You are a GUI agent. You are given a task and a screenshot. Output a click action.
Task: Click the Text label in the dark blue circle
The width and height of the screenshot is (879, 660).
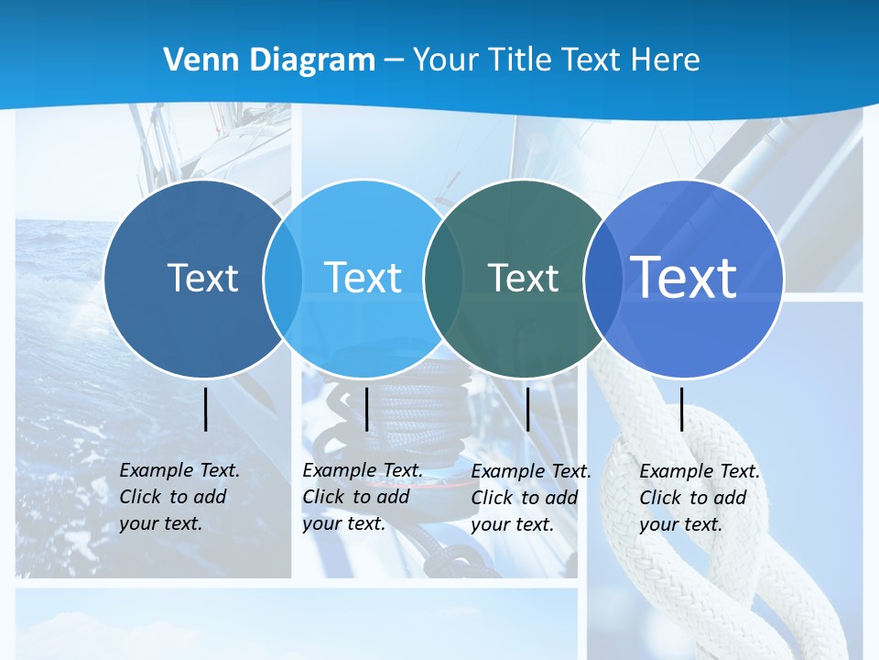202,278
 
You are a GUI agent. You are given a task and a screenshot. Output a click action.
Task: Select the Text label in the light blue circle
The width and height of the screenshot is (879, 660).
364,278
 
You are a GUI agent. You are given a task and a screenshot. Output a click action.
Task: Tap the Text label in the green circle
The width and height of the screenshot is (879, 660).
523,278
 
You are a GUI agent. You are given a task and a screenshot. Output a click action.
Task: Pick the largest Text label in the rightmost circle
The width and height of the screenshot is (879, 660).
684,277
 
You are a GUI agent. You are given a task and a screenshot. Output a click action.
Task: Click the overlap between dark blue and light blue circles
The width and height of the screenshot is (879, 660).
283,279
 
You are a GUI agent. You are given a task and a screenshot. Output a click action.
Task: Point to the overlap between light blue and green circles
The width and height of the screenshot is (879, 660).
443,279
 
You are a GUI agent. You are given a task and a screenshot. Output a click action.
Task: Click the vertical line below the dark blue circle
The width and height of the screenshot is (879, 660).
206,409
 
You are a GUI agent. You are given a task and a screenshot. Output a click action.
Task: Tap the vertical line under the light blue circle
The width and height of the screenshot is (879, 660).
366,409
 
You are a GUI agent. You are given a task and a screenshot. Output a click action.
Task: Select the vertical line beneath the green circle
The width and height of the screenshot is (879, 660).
527,409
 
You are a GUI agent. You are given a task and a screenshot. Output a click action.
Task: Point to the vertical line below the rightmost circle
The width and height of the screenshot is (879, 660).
682,409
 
